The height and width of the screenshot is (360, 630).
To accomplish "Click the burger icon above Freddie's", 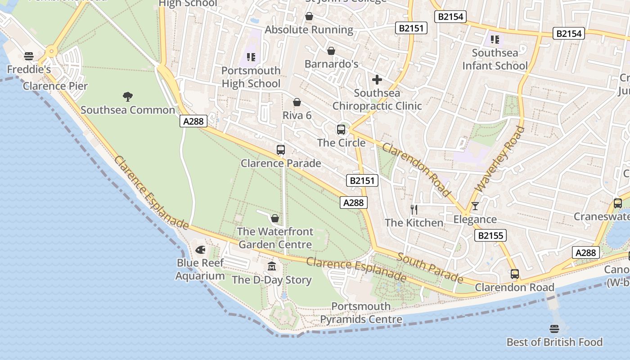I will [x=29, y=56].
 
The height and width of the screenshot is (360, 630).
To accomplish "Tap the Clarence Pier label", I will [x=55, y=86].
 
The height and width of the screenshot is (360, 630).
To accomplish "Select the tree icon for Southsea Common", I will [x=128, y=96].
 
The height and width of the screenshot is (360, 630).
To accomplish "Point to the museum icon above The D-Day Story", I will [x=272, y=266].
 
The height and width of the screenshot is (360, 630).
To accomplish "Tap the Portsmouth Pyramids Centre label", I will [x=361, y=313].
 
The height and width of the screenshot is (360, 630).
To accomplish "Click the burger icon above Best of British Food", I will [x=554, y=329].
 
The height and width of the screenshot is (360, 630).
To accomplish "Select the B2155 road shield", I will [x=490, y=235].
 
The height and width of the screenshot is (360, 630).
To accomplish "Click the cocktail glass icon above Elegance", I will [x=475, y=206].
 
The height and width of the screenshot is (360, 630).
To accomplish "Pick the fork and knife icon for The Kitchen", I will [x=414, y=209].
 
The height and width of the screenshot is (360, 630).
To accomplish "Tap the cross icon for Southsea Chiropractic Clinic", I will [x=377, y=80].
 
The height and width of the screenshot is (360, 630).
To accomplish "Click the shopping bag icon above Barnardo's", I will [x=331, y=51].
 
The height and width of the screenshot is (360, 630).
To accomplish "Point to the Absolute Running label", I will [x=309, y=30].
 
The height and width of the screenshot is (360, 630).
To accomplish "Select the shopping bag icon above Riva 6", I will [x=297, y=102].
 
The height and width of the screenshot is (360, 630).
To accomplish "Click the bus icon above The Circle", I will [x=341, y=130].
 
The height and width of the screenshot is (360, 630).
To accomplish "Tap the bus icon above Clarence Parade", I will [x=281, y=150].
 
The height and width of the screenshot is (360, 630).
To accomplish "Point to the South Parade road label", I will [x=430, y=268].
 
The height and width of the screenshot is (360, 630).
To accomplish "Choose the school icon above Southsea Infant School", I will [x=495, y=40].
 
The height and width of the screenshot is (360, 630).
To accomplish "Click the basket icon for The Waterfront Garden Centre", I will [x=275, y=218].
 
